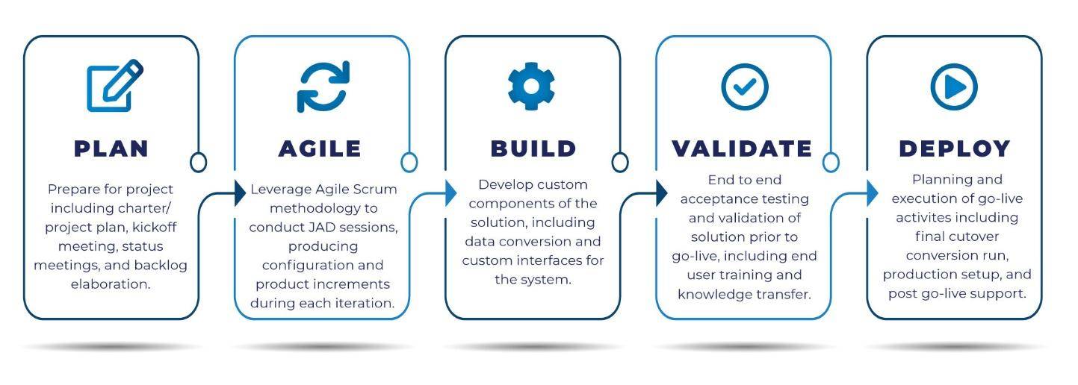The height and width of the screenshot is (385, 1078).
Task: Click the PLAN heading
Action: [111, 148]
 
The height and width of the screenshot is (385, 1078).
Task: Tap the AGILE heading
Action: [320, 148]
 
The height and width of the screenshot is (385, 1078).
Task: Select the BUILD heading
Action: [533, 148]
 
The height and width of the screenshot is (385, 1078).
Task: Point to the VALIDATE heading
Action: [742, 148]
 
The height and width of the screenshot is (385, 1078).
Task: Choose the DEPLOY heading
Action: [955, 148]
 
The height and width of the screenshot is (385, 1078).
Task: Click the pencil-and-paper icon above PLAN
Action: [115, 86]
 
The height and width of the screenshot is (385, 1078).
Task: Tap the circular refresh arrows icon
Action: [323, 87]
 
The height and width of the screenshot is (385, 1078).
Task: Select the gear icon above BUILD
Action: [531, 86]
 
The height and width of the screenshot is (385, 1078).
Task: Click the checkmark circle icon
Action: [745, 87]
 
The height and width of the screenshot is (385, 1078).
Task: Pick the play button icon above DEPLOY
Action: [954, 87]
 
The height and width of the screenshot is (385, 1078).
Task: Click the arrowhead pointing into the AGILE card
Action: [240, 193]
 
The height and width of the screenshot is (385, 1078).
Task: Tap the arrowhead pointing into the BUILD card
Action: [451, 193]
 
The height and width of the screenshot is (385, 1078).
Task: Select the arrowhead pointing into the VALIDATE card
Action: [662, 193]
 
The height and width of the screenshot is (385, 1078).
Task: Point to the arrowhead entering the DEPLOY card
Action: [873, 193]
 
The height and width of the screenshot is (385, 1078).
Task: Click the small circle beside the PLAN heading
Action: [198, 163]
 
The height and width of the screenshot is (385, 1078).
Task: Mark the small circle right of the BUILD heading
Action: [620, 163]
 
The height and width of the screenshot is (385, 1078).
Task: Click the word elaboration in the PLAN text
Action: [111, 284]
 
